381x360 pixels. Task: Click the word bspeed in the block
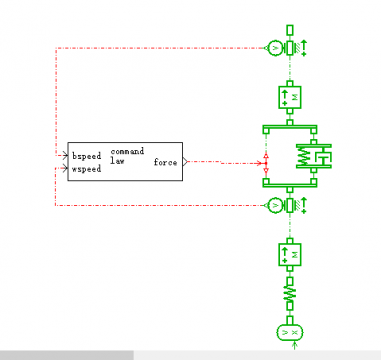(x=87, y=156)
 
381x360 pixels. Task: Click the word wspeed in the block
(x=86, y=169)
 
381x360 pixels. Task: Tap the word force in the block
(x=165, y=162)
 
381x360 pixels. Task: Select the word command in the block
(x=127, y=151)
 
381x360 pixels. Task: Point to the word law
(x=117, y=161)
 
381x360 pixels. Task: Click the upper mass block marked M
(x=290, y=97)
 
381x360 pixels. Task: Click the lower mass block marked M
(x=290, y=255)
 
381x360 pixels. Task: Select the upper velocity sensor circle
(x=275, y=48)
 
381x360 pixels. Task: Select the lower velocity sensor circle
(x=275, y=206)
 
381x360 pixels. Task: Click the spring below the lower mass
(x=290, y=294)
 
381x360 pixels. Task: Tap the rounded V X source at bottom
(x=290, y=332)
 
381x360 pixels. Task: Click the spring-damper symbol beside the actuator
(x=314, y=156)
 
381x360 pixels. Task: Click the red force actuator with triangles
(x=266, y=163)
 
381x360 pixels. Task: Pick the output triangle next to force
(x=185, y=162)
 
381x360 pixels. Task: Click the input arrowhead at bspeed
(x=65, y=156)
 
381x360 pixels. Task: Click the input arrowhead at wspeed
(x=65, y=168)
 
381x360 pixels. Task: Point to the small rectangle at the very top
(x=290, y=30)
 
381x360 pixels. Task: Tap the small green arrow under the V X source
(x=294, y=345)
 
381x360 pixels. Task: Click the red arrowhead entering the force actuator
(x=259, y=163)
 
